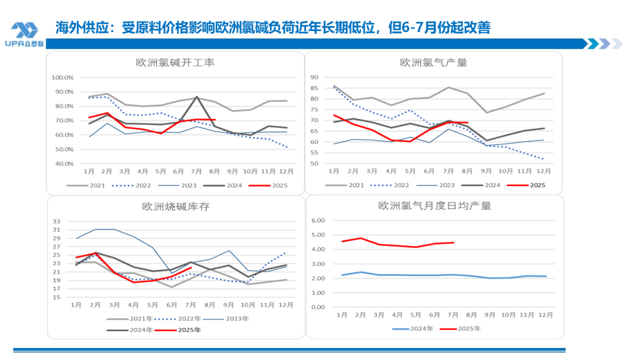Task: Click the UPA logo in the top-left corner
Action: pos(25,35)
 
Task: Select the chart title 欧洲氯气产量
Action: pos(434,62)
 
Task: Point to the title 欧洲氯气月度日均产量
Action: pos(434,206)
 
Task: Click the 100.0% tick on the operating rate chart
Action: pos(63,78)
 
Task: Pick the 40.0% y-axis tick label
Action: pos(63,163)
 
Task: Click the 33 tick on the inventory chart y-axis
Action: pos(57,221)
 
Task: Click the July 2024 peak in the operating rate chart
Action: pos(196,97)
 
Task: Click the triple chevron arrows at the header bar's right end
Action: pos(604,44)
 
